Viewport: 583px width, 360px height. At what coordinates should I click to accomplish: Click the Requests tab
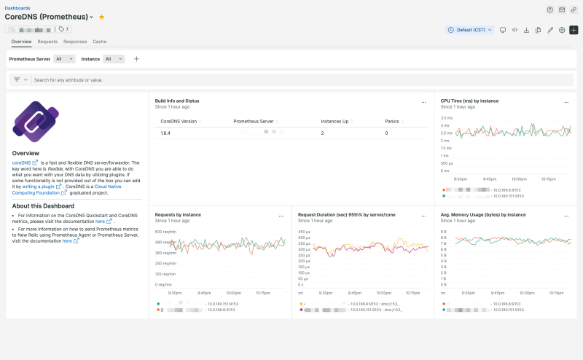coord(47,42)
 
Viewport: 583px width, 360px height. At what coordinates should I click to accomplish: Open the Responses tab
coord(75,42)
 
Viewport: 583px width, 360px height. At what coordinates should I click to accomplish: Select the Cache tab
coord(100,42)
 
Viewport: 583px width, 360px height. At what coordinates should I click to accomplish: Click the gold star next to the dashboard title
coord(102,16)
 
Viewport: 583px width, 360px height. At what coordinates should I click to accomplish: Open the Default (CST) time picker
coord(470,30)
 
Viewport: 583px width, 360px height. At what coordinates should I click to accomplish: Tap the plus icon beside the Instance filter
coord(136,59)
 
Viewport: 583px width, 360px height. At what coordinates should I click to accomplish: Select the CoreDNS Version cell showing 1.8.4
coord(166,133)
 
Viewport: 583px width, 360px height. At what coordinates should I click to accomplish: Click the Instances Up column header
coord(335,121)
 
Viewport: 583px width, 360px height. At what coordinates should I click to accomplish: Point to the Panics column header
coord(392,121)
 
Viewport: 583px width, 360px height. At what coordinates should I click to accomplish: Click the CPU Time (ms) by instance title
coord(469,101)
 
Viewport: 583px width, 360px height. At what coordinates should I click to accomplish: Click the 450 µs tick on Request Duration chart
coord(305,232)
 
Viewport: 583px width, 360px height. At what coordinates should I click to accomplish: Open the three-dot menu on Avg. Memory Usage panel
coord(566,216)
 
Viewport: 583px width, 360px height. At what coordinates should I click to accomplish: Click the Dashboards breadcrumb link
coord(17,8)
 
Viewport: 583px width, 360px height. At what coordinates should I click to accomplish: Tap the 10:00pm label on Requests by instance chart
coord(233,292)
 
